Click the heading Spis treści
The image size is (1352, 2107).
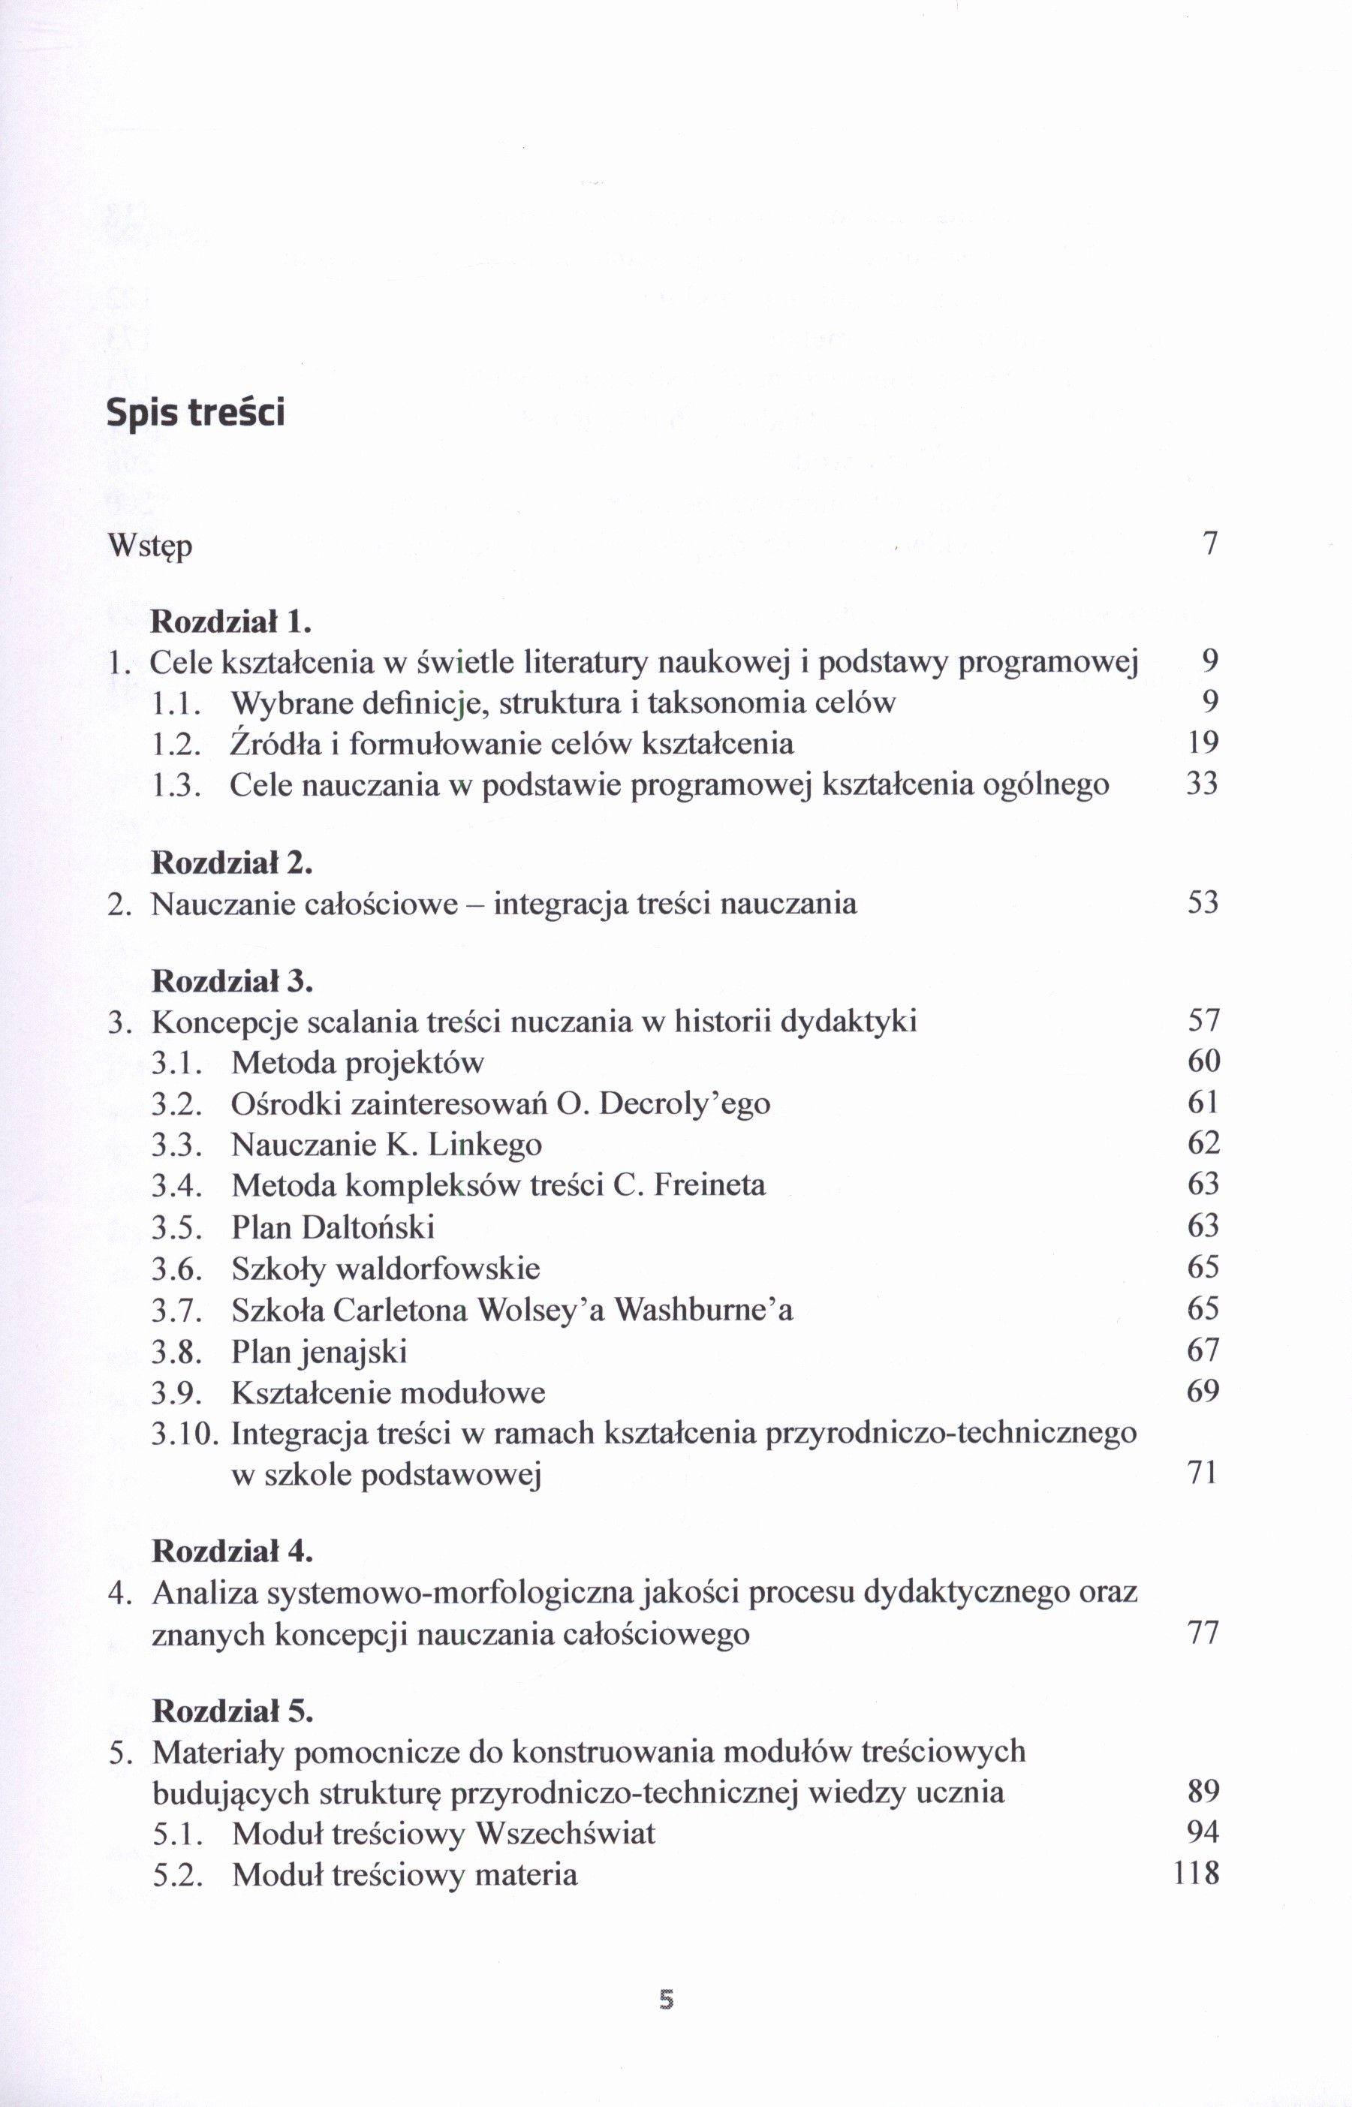coord(196,412)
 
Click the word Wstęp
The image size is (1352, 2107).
coord(149,546)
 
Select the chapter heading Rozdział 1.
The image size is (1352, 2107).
coord(232,622)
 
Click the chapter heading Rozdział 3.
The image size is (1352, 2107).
coord(233,980)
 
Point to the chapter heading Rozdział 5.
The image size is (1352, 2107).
coord(233,1710)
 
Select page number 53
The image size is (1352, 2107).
coord(1203,902)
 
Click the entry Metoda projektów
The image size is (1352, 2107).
coord(357,1063)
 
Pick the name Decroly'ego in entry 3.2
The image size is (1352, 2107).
coord(685,1103)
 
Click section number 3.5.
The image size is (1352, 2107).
coord(177,1227)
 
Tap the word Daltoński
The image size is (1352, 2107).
coord(368,1227)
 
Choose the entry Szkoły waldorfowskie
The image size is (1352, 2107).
coord(385,1269)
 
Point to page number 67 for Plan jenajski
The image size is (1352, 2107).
coord(1203,1350)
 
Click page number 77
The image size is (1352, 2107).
coord(1203,1634)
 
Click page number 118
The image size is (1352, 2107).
coord(1196,1874)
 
